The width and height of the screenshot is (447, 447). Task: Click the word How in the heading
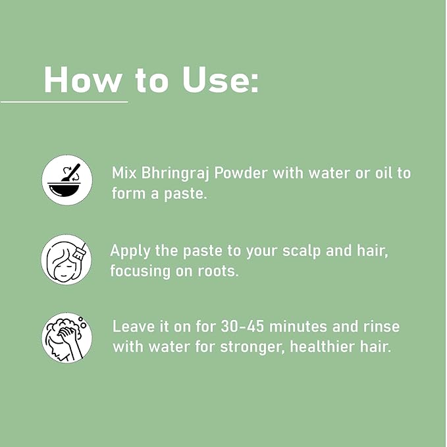[x=82, y=79]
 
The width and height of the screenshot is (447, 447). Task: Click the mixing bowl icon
[x=67, y=180]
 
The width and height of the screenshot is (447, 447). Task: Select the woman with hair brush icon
[x=66, y=259]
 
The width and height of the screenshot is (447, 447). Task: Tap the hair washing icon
[x=67, y=338]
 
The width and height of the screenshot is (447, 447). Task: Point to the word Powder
[x=241, y=172]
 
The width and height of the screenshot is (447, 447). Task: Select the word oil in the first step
[x=383, y=172]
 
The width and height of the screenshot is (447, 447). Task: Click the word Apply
[x=130, y=251]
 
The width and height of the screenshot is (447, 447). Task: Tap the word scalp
[x=302, y=251]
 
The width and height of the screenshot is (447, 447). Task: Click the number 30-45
[x=242, y=327]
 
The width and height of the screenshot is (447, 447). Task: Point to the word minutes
[x=298, y=327]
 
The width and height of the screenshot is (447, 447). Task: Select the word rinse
[x=381, y=327]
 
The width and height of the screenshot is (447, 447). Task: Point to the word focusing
[x=140, y=271]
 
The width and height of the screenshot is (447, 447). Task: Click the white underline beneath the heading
[x=64, y=101]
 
